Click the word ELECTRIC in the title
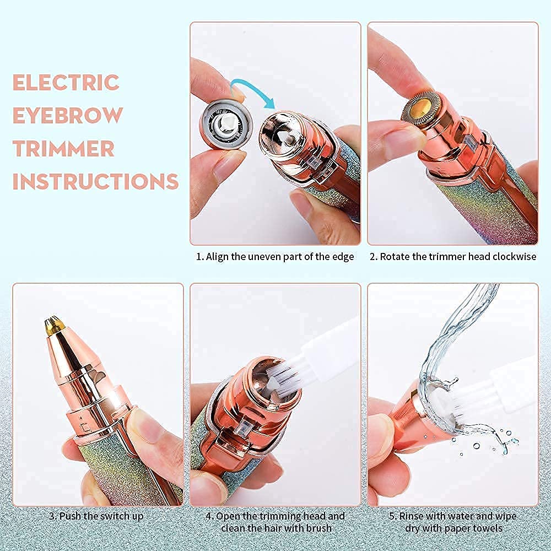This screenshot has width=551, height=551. [66, 83]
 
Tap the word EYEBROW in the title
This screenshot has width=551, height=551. [67, 116]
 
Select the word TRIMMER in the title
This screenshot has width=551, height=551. [64, 149]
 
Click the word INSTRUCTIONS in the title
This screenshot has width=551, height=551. [95, 181]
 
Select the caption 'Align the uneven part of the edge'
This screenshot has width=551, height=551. [275, 257]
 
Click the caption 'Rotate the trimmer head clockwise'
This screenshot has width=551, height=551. [452, 257]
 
